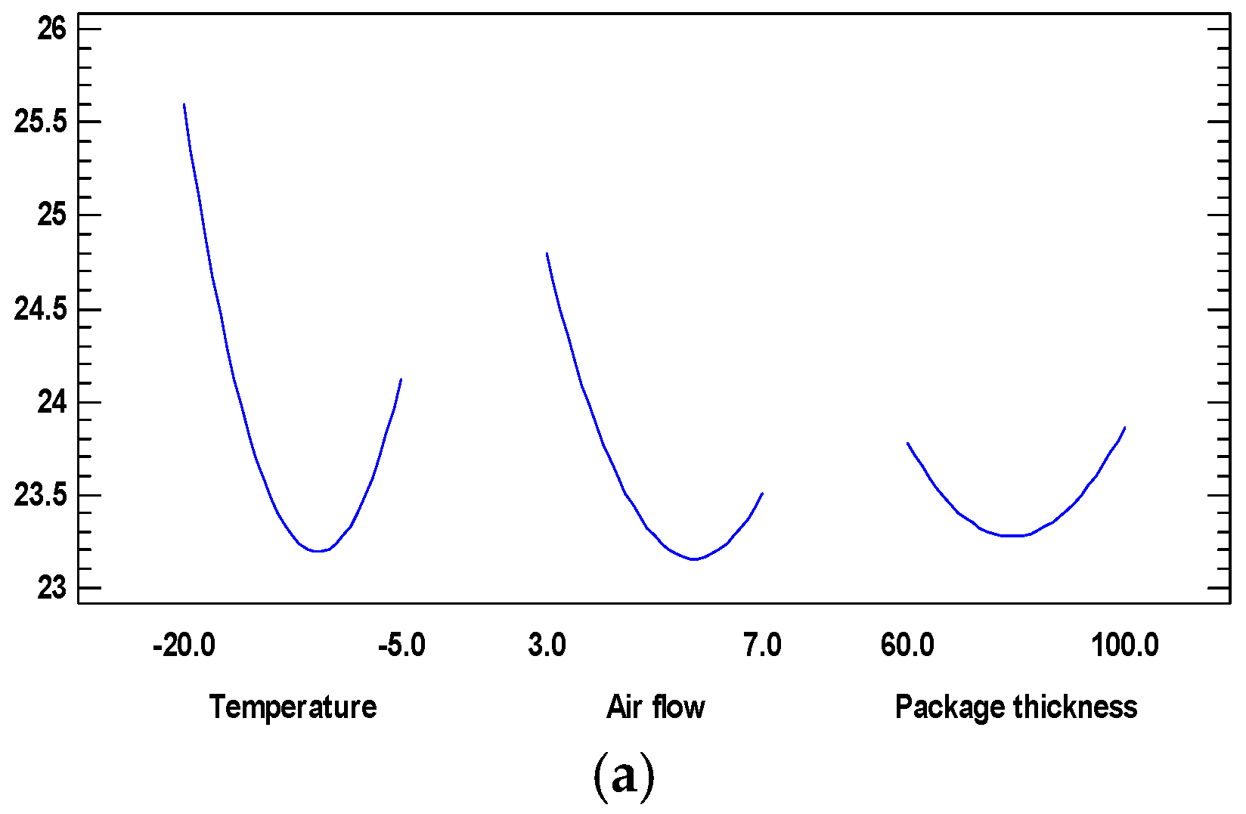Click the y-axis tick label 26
(x=51, y=29)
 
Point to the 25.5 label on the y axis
(x=40, y=122)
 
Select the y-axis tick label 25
(x=51, y=215)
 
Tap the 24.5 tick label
(x=40, y=309)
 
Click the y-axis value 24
(x=51, y=402)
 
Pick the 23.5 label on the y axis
(x=40, y=496)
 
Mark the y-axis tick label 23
(x=51, y=588)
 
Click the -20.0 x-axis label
(x=184, y=645)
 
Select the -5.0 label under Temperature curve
(x=401, y=645)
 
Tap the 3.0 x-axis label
(x=547, y=645)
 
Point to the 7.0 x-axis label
(x=762, y=645)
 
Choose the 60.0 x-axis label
(x=907, y=645)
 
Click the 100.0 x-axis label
(x=1124, y=645)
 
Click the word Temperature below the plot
(x=293, y=707)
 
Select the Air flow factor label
(x=656, y=707)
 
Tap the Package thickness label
(x=1015, y=707)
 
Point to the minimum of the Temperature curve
(x=318, y=551)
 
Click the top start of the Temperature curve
(x=184, y=104)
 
